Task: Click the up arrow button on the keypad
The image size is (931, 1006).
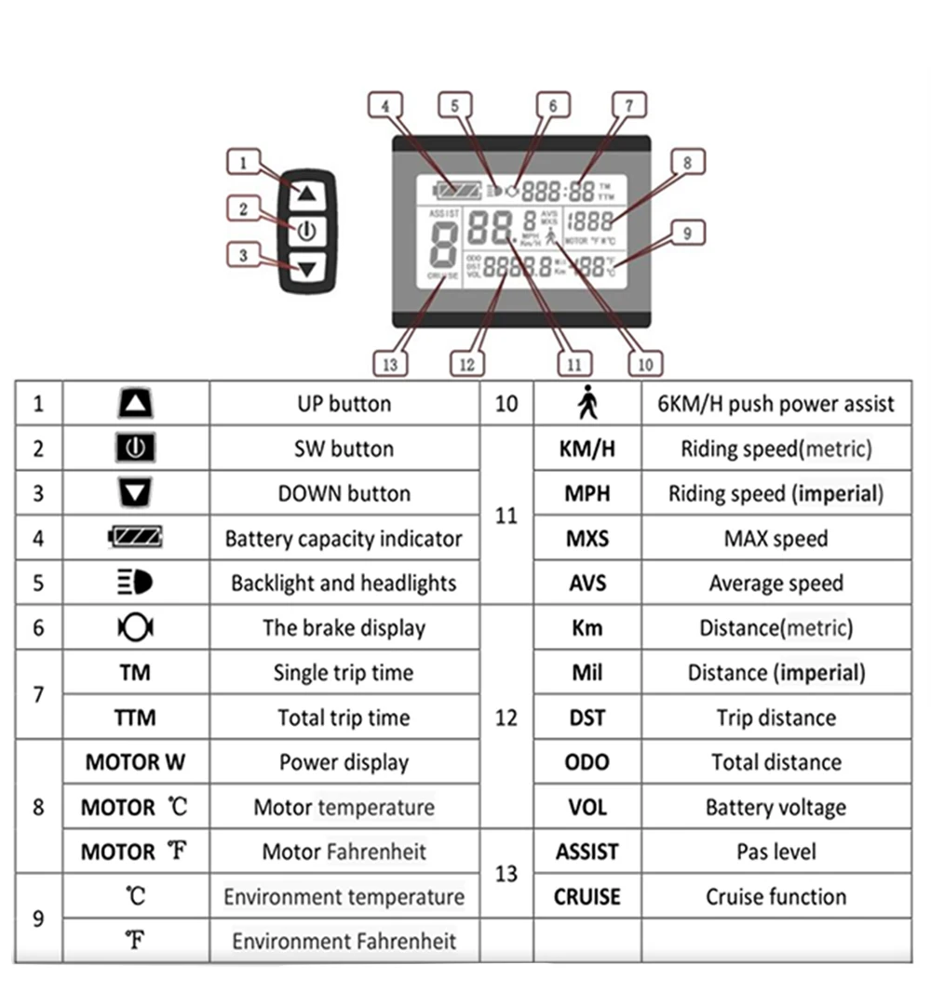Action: (x=308, y=194)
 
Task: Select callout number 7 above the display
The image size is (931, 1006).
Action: (x=629, y=105)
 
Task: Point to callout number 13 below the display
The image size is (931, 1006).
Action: (x=389, y=364)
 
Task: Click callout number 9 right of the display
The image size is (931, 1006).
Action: (x=687, y=233)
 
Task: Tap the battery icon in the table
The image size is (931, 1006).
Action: (x=136, y=538)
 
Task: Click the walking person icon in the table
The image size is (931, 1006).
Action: (x=587, y=404)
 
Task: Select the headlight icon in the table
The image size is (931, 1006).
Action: (x=136, y=583)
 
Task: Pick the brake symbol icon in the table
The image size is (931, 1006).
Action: (x=136, y=628)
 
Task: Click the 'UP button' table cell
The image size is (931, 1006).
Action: (x=344, y=404)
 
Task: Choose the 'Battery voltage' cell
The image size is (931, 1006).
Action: (x=776, y=808)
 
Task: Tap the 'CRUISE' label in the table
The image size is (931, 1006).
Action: (x=587, y=897)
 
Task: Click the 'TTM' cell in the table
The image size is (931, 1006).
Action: (x=136, y=718)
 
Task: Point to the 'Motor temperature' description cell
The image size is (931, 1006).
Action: (x=344, y=807)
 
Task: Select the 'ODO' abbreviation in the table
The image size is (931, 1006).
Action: (x=587, y=762)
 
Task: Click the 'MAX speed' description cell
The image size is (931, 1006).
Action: (x=776, y=539)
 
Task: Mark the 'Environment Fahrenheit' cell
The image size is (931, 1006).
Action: (x=344, y=942)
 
